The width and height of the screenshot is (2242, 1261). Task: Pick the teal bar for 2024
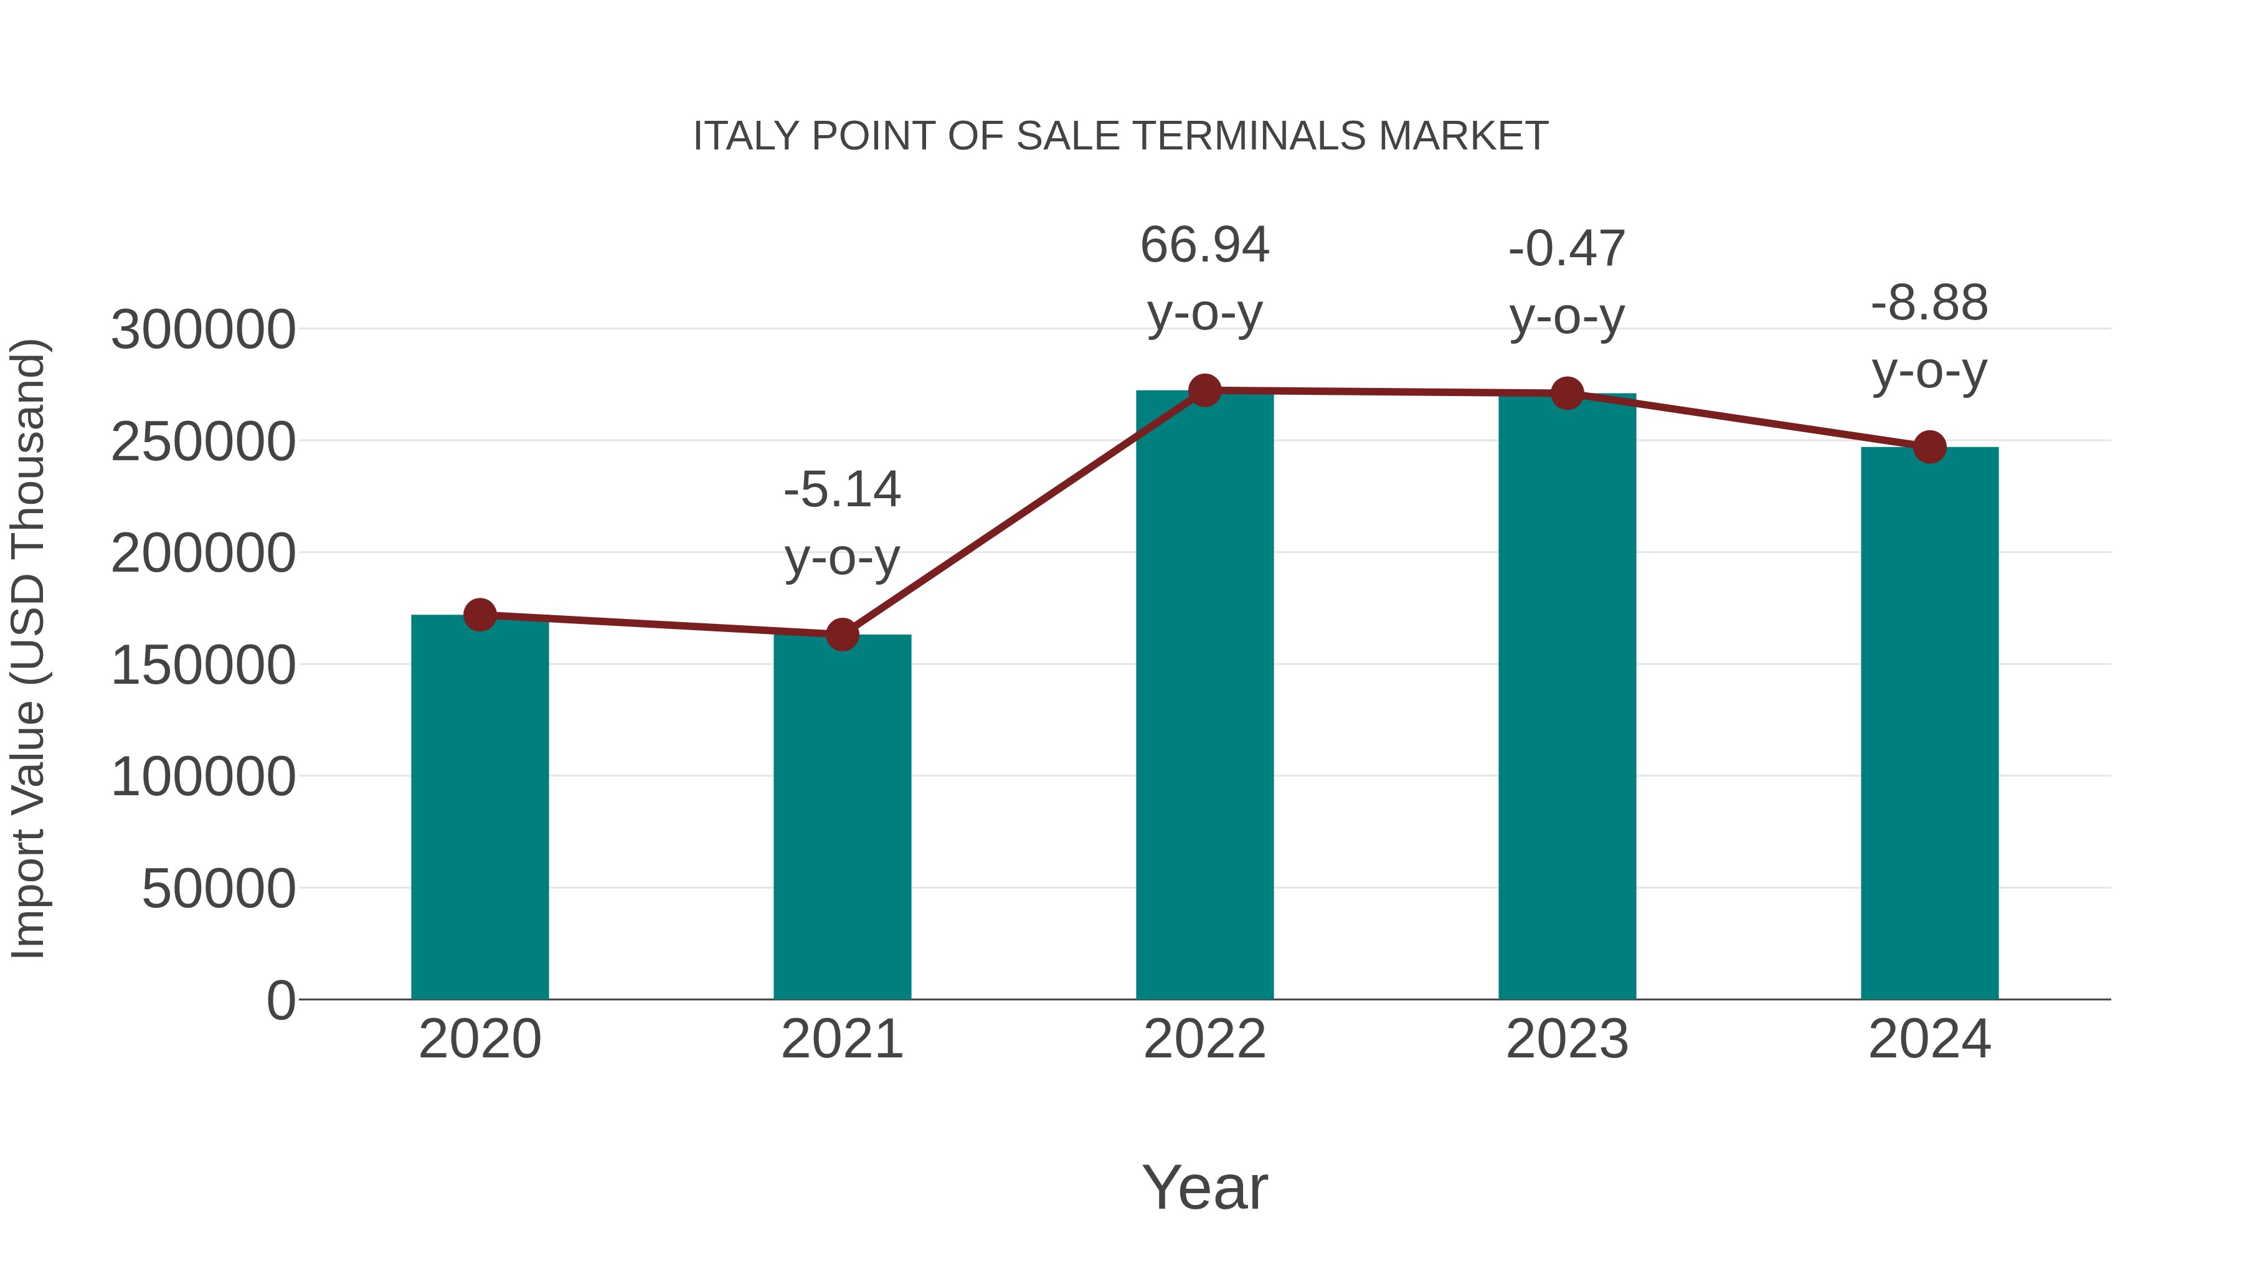1929,722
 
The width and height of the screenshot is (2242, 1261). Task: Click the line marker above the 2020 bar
480,615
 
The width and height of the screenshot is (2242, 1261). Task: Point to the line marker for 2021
841,635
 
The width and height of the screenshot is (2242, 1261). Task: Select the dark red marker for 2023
1567,394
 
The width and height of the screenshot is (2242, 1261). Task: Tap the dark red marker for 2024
1929,447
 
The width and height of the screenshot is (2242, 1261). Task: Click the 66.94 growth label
1204,245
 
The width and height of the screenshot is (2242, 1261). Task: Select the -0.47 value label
1567,249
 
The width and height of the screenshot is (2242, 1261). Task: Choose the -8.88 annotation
1929,304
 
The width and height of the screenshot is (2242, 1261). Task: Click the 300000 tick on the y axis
203,331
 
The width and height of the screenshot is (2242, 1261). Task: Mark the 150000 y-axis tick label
203,666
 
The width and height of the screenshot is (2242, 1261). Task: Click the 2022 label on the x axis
1204,1039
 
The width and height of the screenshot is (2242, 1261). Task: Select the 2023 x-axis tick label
1567,1039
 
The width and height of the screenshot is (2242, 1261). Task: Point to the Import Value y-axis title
28,648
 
